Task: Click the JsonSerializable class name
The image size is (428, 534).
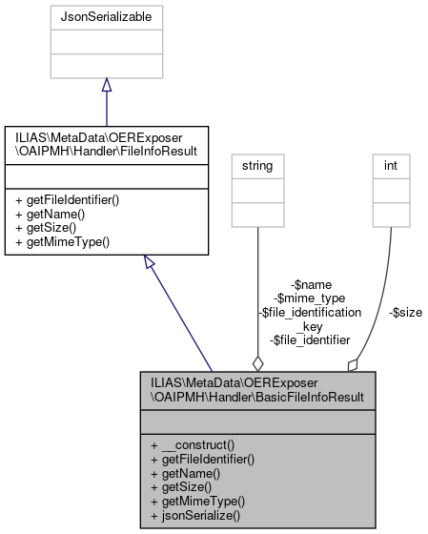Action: (x=105, y=16)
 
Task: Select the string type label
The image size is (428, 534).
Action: (x=256, y=166)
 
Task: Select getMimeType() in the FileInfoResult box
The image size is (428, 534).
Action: (x=58, y=242)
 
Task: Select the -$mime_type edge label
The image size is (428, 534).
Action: (x=310, y=298)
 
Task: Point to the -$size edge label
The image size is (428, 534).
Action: (x=405, y=311)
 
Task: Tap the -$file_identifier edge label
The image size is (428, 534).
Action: (x=310, y=339)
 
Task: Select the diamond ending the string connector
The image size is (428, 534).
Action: (x=256, y=362)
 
